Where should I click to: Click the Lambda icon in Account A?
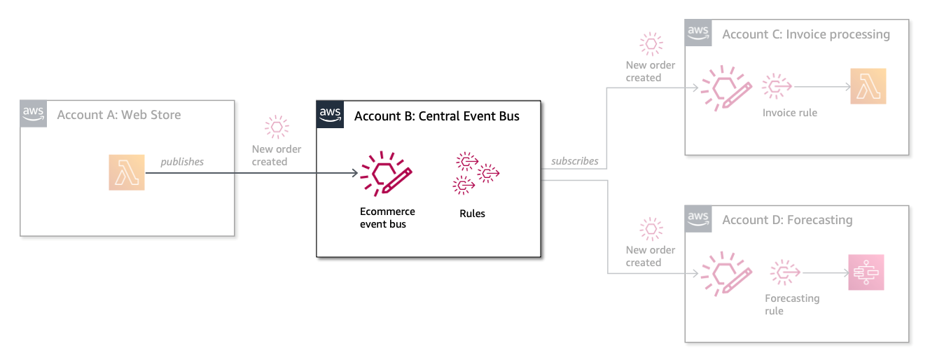[x=127, y=172]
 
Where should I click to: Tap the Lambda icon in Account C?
[x=868, y=87]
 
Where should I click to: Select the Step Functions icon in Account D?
[x=866, y=272]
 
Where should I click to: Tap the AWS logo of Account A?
[x=33, y=113]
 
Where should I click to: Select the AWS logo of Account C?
[x=698, y=33]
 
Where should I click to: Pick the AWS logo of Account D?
[x=698, y=219]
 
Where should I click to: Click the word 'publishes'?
[x=182, y=162]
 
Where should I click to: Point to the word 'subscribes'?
[x=574, y=161]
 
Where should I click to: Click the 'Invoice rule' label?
[x=790, y=112]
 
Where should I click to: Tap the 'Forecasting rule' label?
[x=791, y=304]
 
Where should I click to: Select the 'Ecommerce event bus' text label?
[x=387, y=218]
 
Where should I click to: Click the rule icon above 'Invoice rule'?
[x=777, y=87]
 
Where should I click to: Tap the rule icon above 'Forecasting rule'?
[x=785, y=272]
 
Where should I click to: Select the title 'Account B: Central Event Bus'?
[x=437, y=116]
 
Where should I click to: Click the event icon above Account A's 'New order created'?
[x=277, y=127]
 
